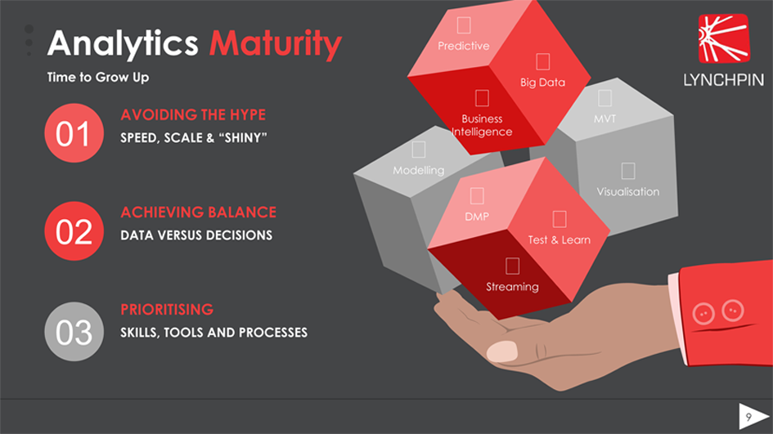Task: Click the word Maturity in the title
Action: coord(275,44)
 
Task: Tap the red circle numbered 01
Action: coord(74,133)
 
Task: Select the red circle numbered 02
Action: coord(74,231)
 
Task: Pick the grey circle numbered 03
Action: coord(74,332)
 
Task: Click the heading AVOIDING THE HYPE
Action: coord(193,114)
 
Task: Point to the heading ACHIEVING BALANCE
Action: coord(198,213)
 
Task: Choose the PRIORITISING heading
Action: coord(167,310)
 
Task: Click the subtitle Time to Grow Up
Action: coord(98,78)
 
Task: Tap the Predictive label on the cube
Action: coord(464,46)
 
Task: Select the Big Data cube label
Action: coord(543,83)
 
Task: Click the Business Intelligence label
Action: coord(482,125)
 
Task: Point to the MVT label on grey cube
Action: coord(604,119)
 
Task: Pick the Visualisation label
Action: coord(628,191)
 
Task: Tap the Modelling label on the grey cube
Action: coord(419,171)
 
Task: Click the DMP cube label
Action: coord(477,217)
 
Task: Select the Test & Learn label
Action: coord(559,240)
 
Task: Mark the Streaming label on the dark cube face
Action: coord(512,287)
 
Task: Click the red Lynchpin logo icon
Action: coord(724,38)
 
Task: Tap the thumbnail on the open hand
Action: coord(502,351)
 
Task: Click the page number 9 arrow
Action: coord(753,416)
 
